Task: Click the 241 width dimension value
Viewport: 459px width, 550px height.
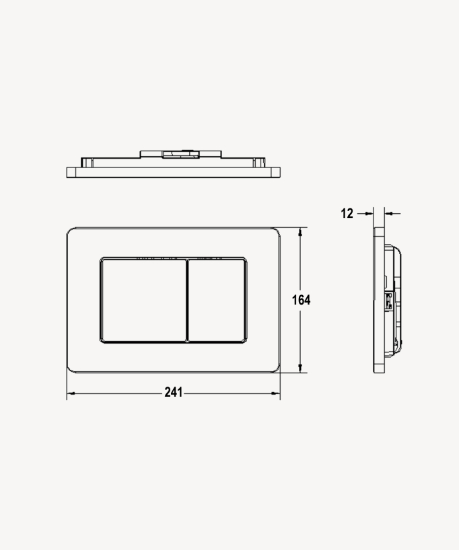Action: tap(174, 392)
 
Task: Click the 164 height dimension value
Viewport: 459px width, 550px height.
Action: tap(301, 300)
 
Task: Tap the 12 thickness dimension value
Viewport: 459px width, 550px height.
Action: tap(347, 213)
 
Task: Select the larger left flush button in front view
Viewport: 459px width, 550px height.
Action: tap(143, 300)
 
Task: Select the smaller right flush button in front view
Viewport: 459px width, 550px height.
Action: tap(217, 300)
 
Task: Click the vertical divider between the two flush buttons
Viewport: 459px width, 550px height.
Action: tap(187, 300)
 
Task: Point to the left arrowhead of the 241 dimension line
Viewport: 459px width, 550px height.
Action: tap(71, 393)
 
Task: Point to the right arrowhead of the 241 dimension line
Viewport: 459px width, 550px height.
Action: tap(276, 393)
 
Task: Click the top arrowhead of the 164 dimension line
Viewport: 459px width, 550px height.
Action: tap(300, 232)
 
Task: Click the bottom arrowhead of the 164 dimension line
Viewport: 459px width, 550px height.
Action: tap(300, 368)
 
